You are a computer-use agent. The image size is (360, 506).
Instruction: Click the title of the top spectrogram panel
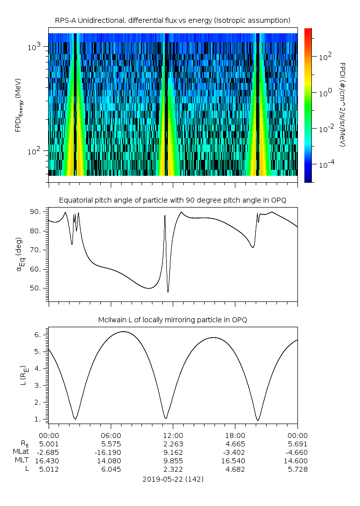pos(172,20)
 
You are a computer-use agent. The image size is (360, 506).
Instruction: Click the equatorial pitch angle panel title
pos(172,200)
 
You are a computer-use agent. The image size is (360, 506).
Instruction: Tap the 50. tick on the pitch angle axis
pos(39,288)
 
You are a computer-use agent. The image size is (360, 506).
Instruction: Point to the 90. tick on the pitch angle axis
pos(39,212)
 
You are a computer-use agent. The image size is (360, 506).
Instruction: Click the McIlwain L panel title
pos(172,320)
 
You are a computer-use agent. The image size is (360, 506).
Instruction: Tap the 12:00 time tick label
pos(173,435)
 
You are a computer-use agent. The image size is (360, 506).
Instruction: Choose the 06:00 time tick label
pos(110,435)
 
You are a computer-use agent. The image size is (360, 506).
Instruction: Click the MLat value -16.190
pos(110,452)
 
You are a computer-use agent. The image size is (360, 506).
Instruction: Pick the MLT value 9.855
pos(173,461)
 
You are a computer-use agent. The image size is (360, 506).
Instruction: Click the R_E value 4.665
pos(235,444)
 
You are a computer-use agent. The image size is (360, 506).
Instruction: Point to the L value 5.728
pos(297,469)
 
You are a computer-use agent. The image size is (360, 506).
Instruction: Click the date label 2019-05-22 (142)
pos(173,479)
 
